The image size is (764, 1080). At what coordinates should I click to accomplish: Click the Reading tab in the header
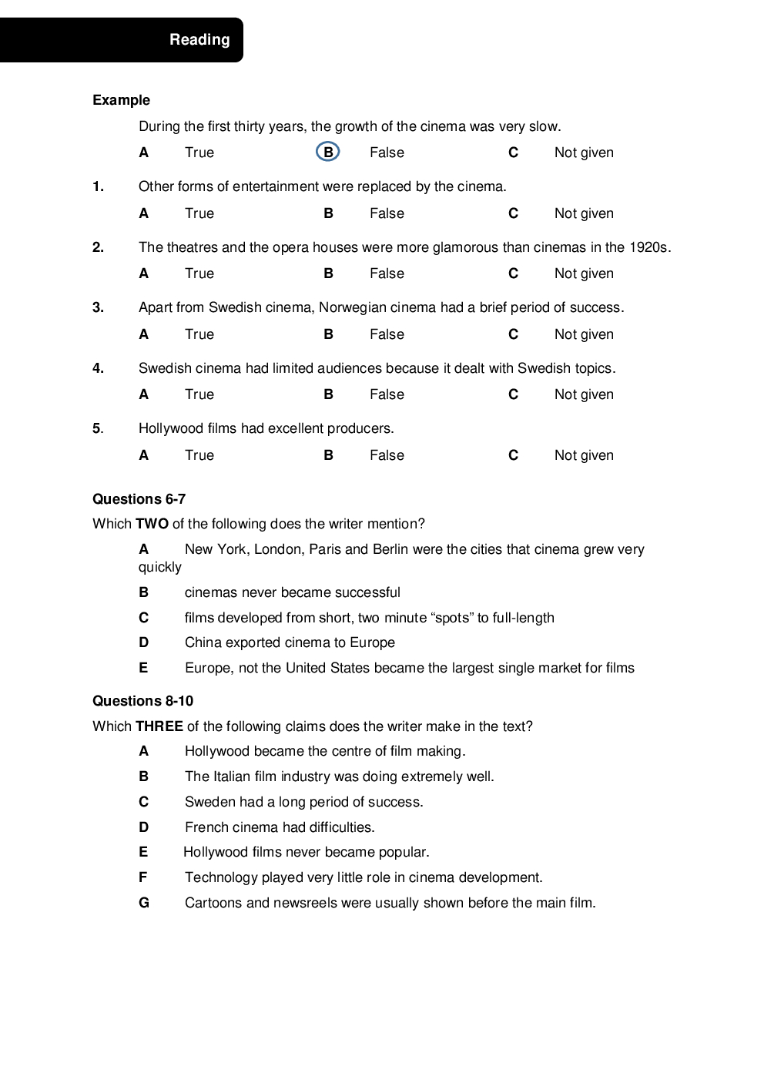(199, 40)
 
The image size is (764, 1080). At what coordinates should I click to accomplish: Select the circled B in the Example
(328, 153)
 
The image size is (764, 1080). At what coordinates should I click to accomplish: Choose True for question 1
(199, 213)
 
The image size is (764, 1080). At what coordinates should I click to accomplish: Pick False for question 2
(387, 273)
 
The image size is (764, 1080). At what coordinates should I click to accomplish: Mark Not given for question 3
(584, 334)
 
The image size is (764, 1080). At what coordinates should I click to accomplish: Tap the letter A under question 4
(144, 394)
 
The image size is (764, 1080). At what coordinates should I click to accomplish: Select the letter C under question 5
(514, 455)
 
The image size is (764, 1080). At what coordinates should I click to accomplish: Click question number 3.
(98, 307)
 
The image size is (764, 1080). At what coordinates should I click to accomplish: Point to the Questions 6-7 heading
(139, 499)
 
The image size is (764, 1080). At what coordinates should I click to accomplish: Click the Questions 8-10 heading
(142, 701)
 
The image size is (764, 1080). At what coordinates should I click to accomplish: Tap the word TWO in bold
(152, 524)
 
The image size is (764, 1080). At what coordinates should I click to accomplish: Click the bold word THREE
(159, 726)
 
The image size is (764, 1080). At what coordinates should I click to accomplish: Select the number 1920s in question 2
(649, 247)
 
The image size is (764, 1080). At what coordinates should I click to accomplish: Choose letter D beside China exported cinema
(144, 642)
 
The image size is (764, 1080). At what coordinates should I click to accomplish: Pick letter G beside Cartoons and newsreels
(144, 903)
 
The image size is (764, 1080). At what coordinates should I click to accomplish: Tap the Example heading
(121, 100)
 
